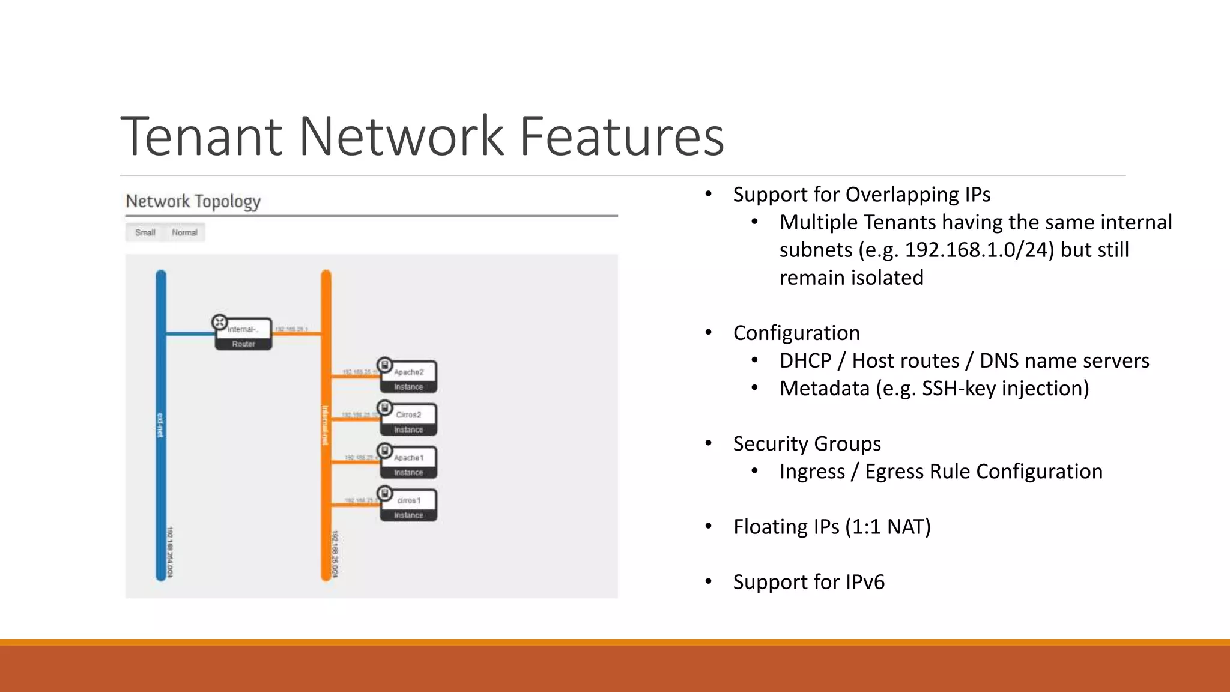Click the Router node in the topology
[x=243, y=335]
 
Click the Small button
[x=145, y=232]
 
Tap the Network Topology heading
[x=193, y=201]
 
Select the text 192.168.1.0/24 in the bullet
[x=979, y=250]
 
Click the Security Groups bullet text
[x=807, y=444]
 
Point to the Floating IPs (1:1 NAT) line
[x=832, y=527]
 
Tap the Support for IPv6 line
[x=808, y=582]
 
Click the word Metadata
[x=824, y=389]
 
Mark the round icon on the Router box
[x=220, y=323]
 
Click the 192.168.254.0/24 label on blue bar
[x=170, y=553]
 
